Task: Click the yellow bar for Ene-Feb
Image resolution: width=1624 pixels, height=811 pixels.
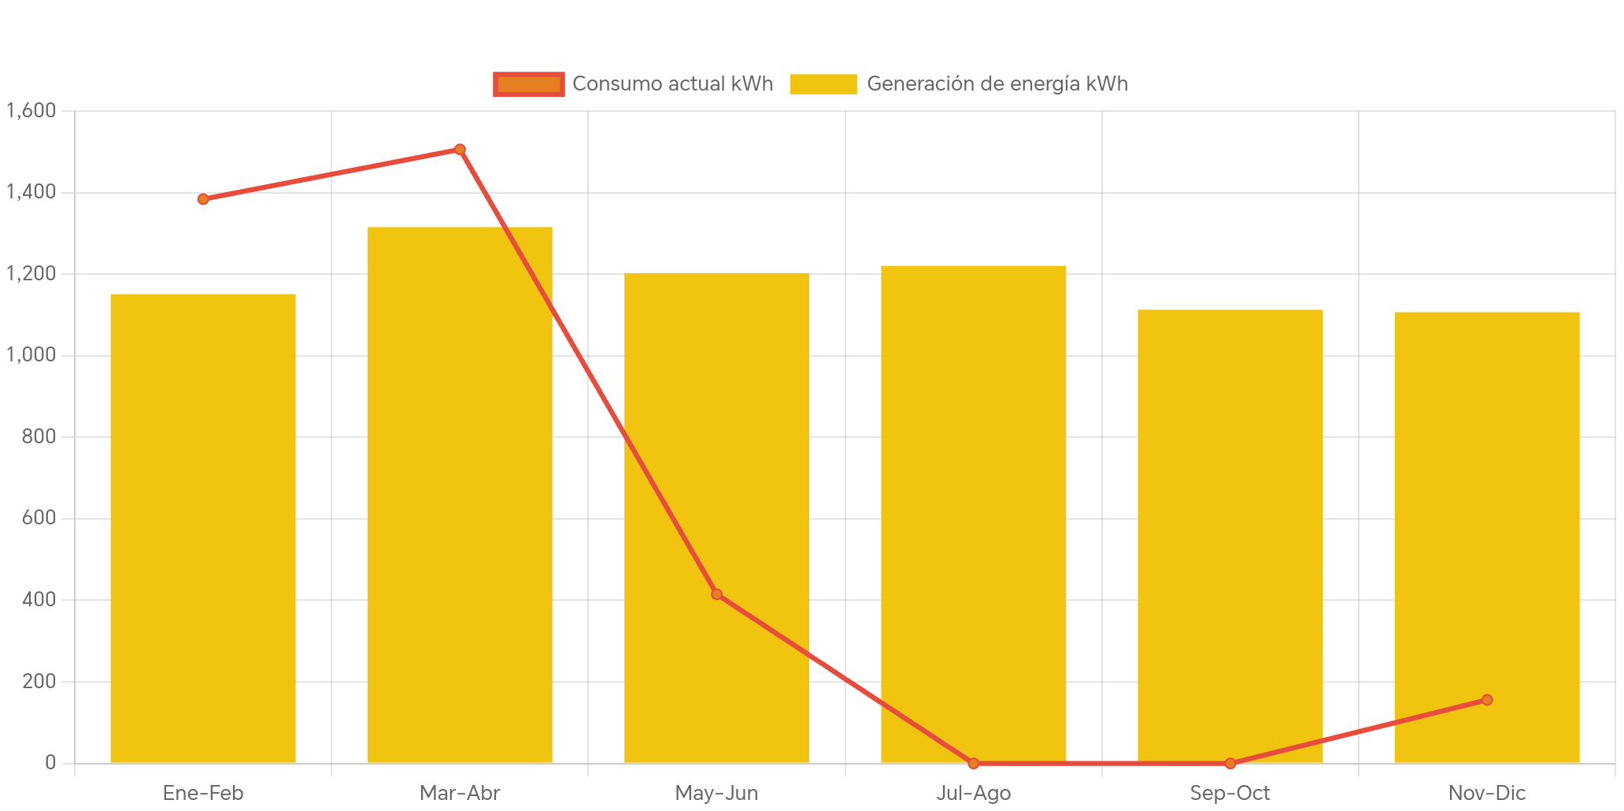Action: (203, 528)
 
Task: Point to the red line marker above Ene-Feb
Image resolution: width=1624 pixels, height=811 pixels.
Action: (203, 199)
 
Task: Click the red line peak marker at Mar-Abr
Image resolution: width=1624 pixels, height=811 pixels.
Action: (460, 150)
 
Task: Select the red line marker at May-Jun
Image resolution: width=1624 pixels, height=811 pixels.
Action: (716, 594)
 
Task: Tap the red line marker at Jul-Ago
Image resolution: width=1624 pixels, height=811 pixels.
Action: (974, 763)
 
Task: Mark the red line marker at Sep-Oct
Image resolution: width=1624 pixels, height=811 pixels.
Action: (1230, 763)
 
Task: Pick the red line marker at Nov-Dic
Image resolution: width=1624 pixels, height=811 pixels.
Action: (1487, 700)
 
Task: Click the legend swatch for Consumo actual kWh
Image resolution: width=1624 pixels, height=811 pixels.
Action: (528, 84)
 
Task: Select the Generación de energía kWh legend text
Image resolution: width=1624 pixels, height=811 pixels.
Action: (997, 84)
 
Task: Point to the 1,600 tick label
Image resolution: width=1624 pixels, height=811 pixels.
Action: (31, 110)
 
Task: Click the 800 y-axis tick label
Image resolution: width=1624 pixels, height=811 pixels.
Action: (39, 436)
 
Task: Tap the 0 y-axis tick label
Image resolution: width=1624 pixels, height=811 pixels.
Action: (50, 762)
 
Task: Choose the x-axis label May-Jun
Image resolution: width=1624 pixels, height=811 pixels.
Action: (716, 793)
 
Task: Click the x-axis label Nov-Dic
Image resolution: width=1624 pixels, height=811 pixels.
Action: (1487, 793)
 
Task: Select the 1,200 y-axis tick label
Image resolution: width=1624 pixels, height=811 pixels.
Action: (31, 273)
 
